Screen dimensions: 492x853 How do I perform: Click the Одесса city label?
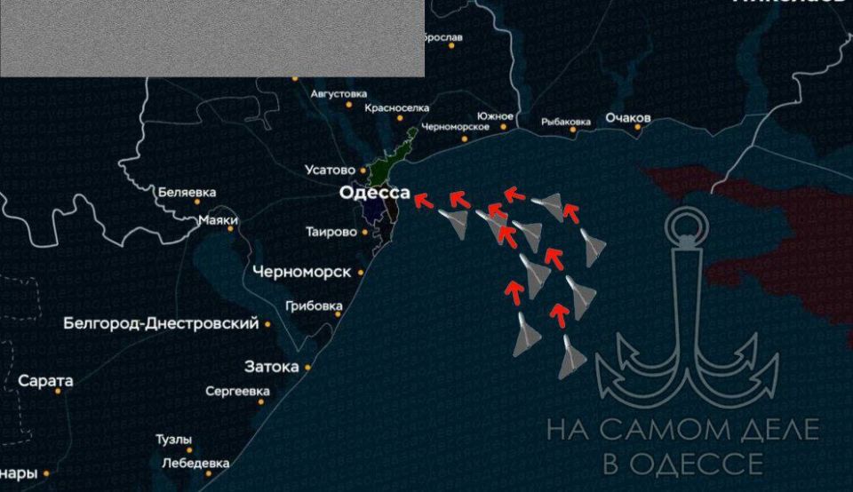point(374,193)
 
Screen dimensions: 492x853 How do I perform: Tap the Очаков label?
point(628,118)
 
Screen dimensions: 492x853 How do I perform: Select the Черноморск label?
point(301,272)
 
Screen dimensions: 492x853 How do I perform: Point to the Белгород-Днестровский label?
point(161,323)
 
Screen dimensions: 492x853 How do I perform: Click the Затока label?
point(271,366)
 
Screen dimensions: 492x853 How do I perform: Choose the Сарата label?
point(45,381)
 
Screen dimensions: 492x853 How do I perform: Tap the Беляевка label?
point(187,192)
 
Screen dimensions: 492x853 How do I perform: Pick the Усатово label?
point(330,169)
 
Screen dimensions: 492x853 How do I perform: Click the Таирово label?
point(331,232)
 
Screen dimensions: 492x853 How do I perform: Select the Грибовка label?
point(315,306)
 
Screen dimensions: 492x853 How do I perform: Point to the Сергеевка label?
point(237,391)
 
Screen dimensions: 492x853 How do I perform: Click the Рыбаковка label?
point(566,122)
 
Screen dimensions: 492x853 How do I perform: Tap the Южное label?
point(495,116)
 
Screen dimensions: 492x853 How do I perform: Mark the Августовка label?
point(339,93)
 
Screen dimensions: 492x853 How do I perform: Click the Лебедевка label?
point(195,463)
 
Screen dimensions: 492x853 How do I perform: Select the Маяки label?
point(218,219)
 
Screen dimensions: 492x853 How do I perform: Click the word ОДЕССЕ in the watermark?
point(707,464)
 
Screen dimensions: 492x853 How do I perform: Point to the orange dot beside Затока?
point(307,367)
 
